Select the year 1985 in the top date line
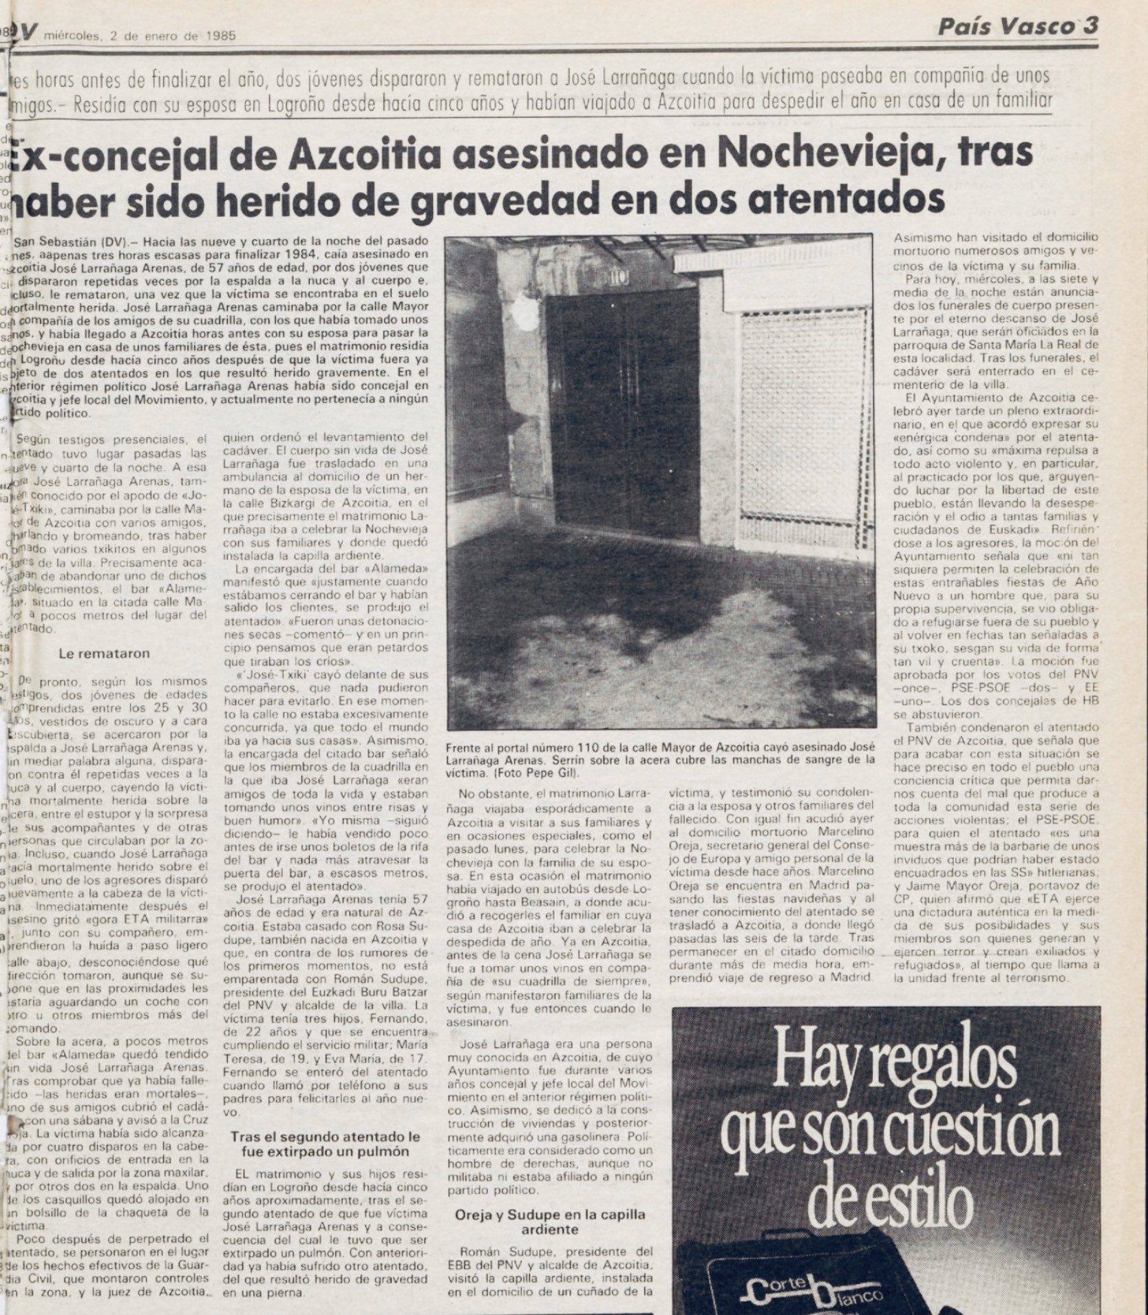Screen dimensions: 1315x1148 (x=220, y=37)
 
